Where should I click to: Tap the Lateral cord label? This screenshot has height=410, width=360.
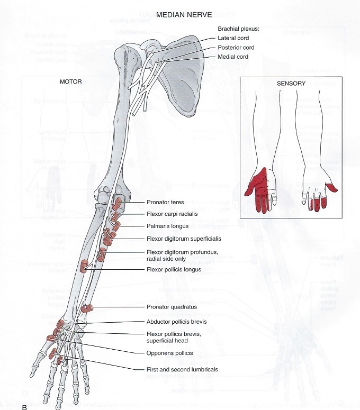pyautogui.click(x=233, y=38)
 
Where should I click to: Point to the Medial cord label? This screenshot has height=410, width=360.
pyautogui.click(x=233, y=57)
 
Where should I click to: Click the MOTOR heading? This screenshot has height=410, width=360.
pyautogui.click(x=71, y=82)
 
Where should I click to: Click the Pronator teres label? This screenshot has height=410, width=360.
pyautogui.click(x=164, y=203)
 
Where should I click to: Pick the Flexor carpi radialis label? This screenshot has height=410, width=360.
pyautogui.click(x=173, y=214)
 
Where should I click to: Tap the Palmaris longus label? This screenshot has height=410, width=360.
pyautogui.click(x=166, y=226)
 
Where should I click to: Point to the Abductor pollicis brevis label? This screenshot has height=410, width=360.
pyautogui.click(x=176, y=321)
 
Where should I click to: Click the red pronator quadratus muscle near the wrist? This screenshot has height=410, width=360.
pyautogui.click(x=87, y=308)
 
